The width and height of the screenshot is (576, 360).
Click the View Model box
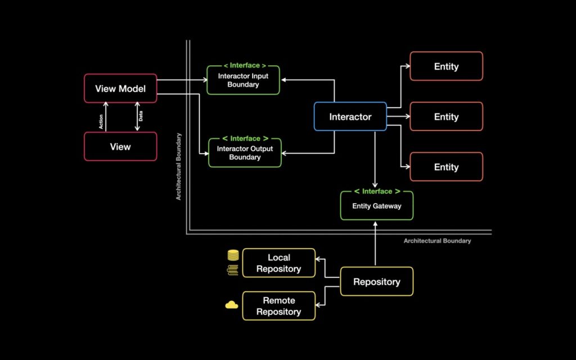pos(120,88)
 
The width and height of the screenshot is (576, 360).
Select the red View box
pos(120,147)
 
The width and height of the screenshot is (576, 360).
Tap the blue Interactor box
pos(350,116)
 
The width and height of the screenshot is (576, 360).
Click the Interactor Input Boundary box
pos(243,80)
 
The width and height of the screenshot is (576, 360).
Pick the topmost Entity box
pos(446,66)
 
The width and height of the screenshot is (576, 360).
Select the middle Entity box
pos(446,116)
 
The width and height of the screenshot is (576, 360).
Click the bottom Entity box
pos(446,167)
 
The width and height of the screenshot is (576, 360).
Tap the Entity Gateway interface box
pos(377,206)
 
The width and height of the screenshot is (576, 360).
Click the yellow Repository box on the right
pos(377,282)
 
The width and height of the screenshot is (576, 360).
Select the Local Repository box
pos(278,263)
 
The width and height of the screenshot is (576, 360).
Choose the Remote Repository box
pos(278,306)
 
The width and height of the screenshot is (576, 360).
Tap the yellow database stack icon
pos(233,255)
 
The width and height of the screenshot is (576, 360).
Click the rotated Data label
pos(141,117)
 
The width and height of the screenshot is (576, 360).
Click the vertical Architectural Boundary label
pos(179,166)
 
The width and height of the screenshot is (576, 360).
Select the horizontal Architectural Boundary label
pos(437,241)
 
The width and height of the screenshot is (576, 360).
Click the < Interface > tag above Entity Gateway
pos(377,191)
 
